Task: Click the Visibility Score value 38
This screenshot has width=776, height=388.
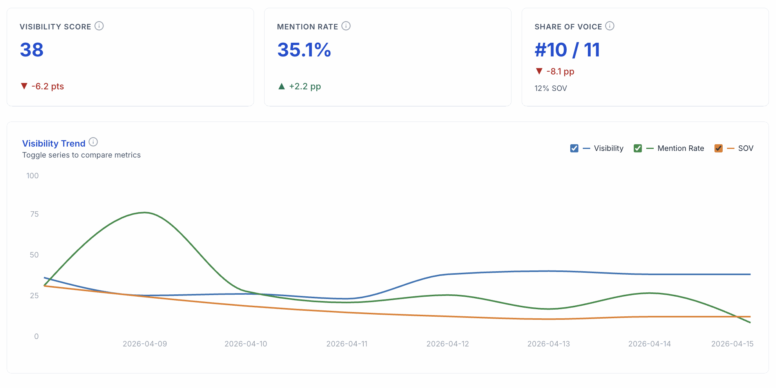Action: (x=32, y=50)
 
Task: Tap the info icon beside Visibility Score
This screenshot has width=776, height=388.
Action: (x=99, y=26)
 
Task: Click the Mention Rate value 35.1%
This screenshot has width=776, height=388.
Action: (x=304, y=50)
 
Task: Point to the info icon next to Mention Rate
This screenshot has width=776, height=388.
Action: (x=346, y=26)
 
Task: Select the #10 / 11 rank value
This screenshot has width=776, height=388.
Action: (x=567, y=50)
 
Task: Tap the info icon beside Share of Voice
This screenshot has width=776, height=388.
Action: (x=610, y=26)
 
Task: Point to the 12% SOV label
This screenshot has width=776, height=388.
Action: (x=551, y=88)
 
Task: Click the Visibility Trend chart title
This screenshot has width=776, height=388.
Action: (x=54, y=143)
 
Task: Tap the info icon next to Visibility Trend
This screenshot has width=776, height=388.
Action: (x=93, y=142)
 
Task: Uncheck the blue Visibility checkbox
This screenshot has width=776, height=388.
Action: (x=574, y=148)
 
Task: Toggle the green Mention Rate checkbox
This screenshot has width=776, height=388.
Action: (x=638, y=148)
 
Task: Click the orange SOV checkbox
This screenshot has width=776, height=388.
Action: (x=718, y=148)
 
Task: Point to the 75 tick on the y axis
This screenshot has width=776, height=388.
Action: (x=34, y=214)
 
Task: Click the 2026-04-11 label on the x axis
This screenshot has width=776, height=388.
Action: (x=347, y=344)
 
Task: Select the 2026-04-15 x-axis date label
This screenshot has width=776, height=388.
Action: (x=732, y=344)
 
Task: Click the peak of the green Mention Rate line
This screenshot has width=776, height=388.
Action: (x=145, y=212)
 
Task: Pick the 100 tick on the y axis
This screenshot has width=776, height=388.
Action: (x=33, y=176)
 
